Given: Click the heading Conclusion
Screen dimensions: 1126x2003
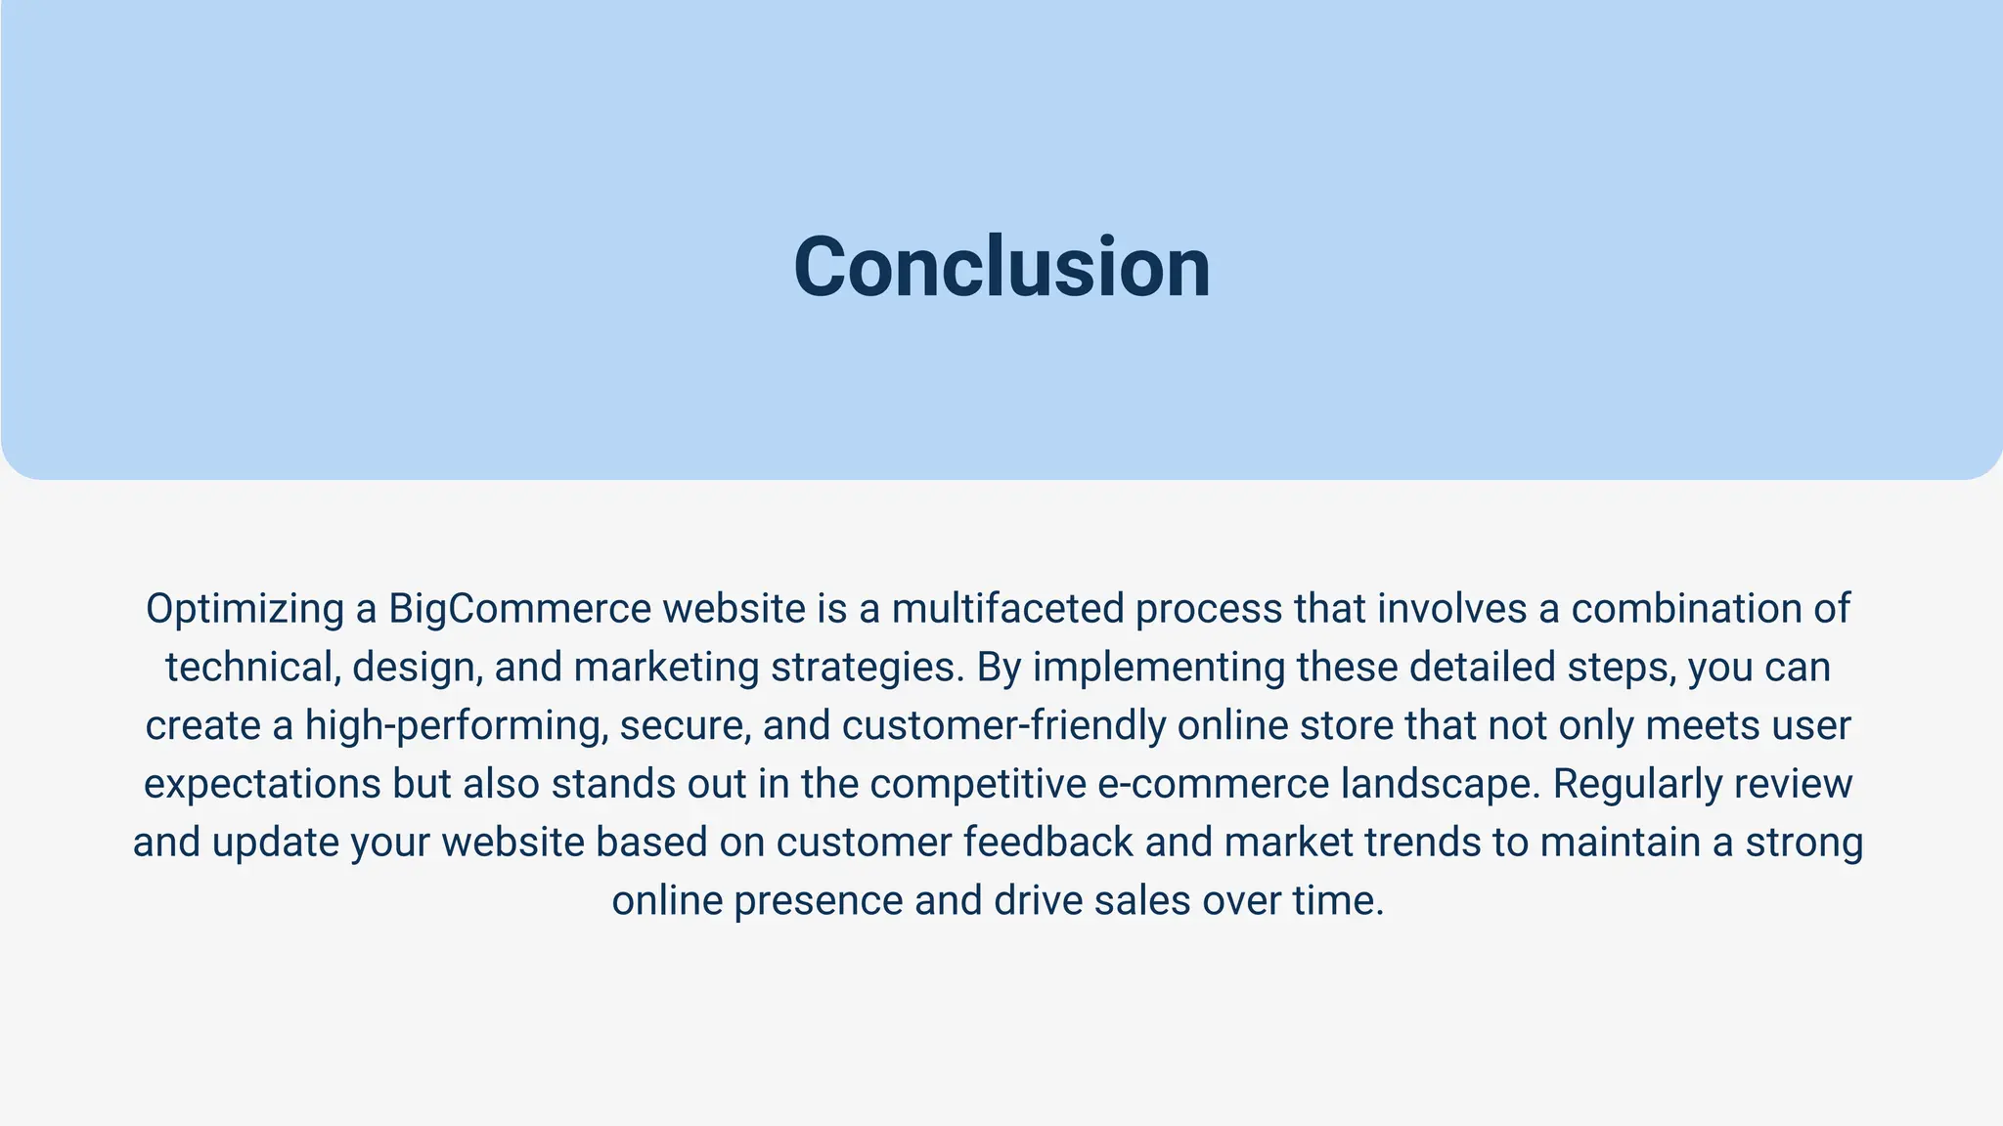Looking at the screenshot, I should [1001, 268].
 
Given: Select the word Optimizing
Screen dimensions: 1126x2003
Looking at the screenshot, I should [245, 610].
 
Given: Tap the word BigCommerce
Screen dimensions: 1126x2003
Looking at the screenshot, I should [519, 609].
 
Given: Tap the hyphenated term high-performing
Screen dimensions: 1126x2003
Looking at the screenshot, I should [456, 726].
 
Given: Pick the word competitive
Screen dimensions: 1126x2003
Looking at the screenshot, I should [978, 785].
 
